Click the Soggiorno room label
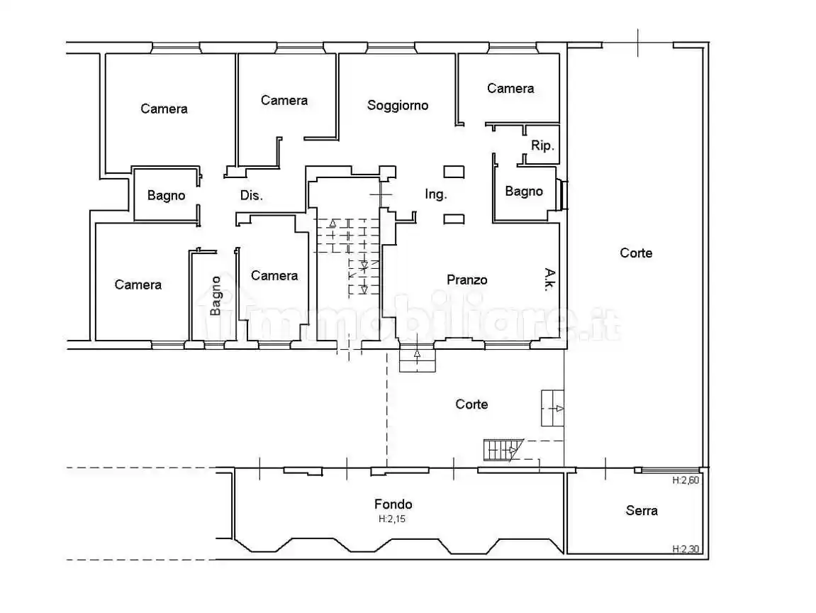398,105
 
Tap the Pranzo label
466,280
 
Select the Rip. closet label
542,146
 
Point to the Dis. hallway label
252,195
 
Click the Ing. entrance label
435,194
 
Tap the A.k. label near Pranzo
549,279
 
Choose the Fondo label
393,504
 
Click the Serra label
642,510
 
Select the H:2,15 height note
392,519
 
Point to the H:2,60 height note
686,480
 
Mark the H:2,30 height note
686,549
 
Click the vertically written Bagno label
216,295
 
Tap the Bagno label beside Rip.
523,191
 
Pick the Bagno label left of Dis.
166,195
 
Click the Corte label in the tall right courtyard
636,253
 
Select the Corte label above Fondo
471,404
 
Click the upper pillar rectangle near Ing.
454,172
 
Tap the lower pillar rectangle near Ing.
454,219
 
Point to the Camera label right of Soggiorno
510,89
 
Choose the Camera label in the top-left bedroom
164,109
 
